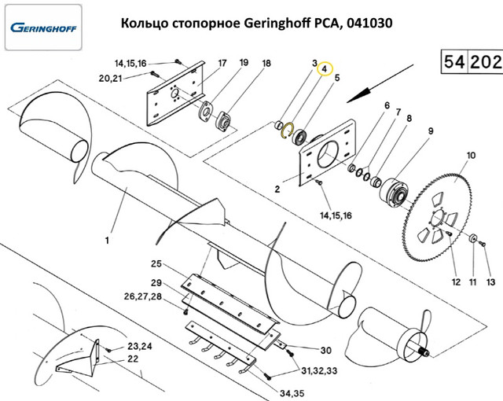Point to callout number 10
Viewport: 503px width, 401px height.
471,156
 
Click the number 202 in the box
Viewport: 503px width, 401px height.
486,61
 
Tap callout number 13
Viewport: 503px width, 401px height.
490,281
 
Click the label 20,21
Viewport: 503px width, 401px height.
110,78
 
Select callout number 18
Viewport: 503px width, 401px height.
266,64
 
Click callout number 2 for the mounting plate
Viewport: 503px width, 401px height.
277,189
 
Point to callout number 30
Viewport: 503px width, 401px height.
326,351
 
